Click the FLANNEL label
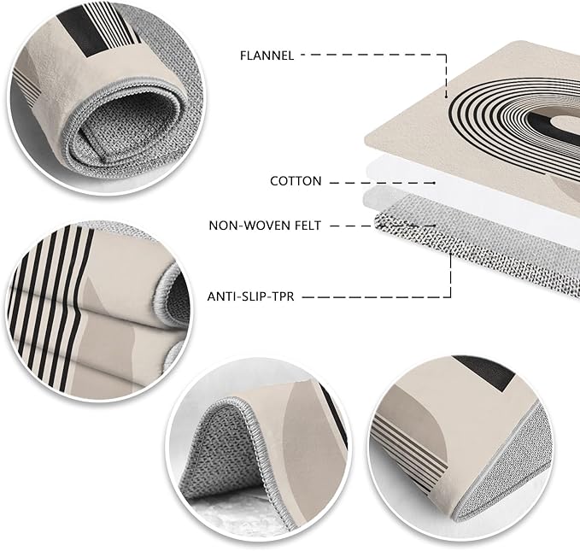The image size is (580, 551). pos(267,56)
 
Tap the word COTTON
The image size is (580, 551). pos(296,181)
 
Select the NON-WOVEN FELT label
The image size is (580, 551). pos(265,226)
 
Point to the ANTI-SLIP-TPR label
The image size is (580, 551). pos(250,296)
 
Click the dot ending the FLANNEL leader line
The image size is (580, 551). pos(447,97)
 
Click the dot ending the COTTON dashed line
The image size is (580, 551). pos(434,183)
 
